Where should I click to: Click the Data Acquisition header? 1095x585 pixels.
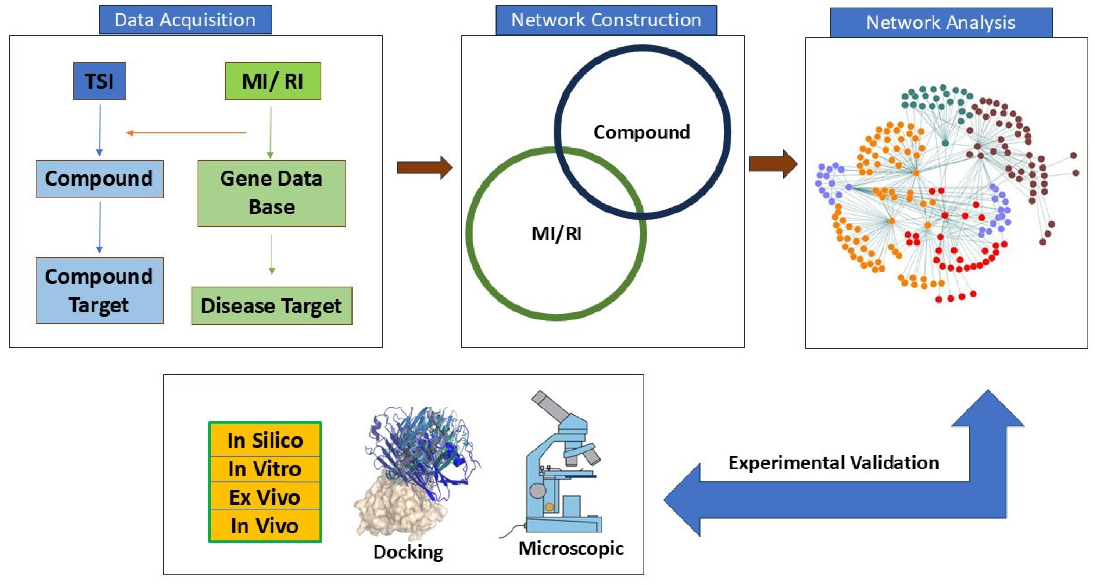point(185,20)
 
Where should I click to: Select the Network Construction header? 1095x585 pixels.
point(606,20)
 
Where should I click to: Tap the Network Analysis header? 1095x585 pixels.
point(941,22)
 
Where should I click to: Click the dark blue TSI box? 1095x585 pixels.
point(100,81)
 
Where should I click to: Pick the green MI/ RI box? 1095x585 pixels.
point(272,81)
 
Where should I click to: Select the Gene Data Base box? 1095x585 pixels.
point(272,193)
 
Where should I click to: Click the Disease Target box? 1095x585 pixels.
point(271,305)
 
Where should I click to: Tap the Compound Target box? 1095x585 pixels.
point(100,290)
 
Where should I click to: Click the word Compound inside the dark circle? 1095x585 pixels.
point(641,132)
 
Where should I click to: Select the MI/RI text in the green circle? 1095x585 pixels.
point(557,234)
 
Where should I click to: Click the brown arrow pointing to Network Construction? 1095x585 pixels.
point(424,167)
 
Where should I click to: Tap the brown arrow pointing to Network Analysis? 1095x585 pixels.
point(773,164)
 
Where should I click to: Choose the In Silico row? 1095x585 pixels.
point(265,440)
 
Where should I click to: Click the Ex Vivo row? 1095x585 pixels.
point(265,497)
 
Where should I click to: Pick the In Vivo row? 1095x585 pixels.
point(265,526)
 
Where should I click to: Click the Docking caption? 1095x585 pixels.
point(408,552)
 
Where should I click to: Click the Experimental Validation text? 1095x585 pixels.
point(833,463)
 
